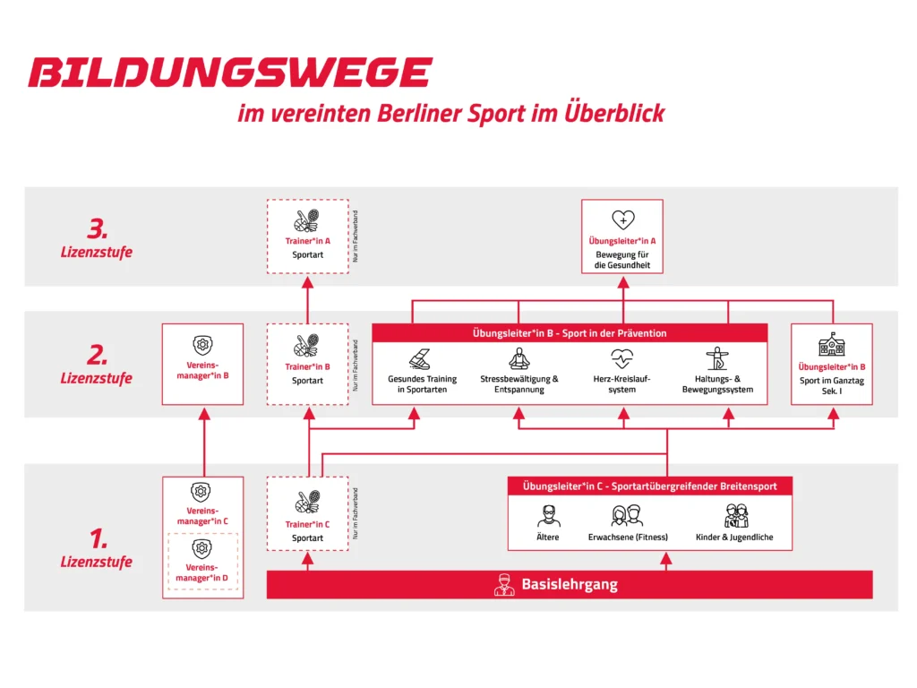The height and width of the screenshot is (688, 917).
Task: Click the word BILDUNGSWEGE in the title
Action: [229, 73]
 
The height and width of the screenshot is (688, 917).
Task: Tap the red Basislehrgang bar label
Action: [569, 585]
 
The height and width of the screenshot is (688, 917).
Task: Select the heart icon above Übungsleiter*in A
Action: [622, 219]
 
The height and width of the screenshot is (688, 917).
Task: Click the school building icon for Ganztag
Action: [832, 345]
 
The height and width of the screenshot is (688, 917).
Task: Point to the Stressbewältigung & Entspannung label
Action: [518, 384]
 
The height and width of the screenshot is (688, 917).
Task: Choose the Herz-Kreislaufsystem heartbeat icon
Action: [621, 358]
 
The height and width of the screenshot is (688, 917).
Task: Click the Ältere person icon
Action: [548, 516]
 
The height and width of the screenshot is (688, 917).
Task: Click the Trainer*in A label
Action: [307, 241]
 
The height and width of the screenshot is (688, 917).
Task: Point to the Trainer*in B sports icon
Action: [307, 346]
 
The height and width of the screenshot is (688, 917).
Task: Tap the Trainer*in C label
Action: [307, 524]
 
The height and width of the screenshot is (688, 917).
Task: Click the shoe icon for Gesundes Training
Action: [422, 357]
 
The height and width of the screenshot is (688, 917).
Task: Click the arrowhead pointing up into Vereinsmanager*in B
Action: [203, 414]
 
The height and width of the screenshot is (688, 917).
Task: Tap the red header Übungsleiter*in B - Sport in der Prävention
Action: [570, 333]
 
